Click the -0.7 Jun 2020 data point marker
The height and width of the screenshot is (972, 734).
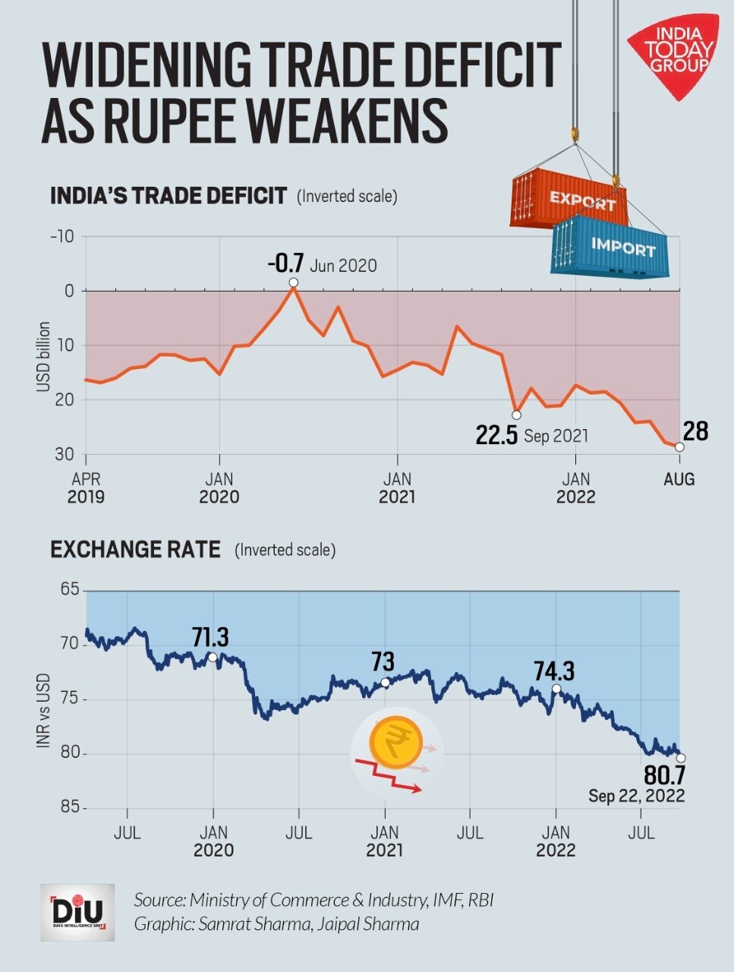click(294, 282)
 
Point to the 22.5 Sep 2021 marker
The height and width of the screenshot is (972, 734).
click(517, 415)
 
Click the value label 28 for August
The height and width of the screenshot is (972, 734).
click(695, 431)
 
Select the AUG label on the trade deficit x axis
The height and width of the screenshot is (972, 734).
click(679, 479)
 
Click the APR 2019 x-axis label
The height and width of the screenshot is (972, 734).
click(86, 488)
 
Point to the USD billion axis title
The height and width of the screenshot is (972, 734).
click(43, 357)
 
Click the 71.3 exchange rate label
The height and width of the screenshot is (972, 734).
click(209, 636)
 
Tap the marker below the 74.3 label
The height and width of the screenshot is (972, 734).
click(556, 689)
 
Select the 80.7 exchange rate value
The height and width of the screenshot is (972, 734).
click(664, 775)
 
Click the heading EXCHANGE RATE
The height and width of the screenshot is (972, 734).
click(135, 549)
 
